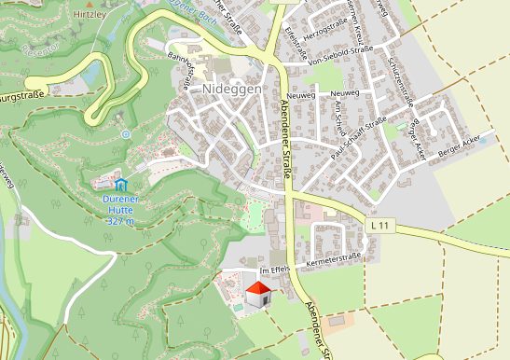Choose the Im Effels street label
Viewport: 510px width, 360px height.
click(275, 269)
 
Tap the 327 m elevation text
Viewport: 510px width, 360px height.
click(120, 222)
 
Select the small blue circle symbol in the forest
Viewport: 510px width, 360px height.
click(126, 134)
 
